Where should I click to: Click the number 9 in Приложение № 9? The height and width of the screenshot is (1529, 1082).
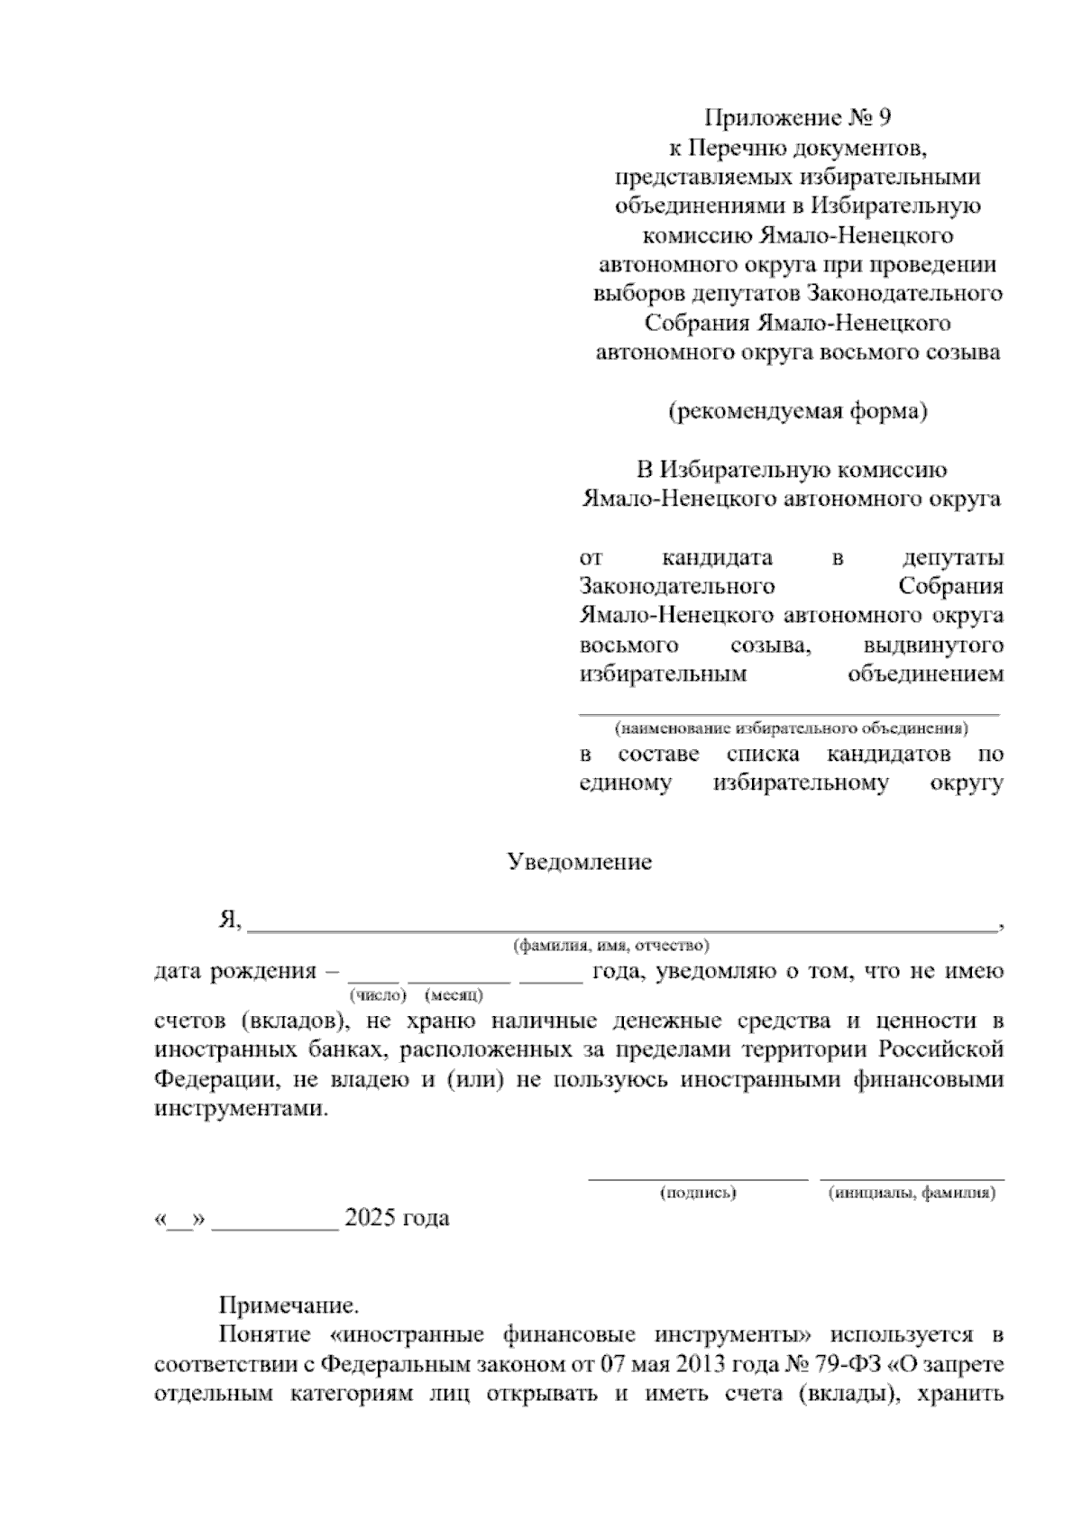click(883, 118)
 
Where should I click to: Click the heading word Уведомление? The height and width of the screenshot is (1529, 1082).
click(579, 862)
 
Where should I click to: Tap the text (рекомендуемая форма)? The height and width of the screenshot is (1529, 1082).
click(797, 412)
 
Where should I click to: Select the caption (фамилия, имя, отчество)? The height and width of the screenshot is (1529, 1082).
click(610, 946)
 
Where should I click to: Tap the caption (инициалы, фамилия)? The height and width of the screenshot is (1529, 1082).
click(912, 1194)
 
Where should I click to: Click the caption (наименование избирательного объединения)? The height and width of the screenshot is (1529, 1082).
click(791, 728)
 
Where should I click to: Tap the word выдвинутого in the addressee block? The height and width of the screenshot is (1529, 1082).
click(933, 646)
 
